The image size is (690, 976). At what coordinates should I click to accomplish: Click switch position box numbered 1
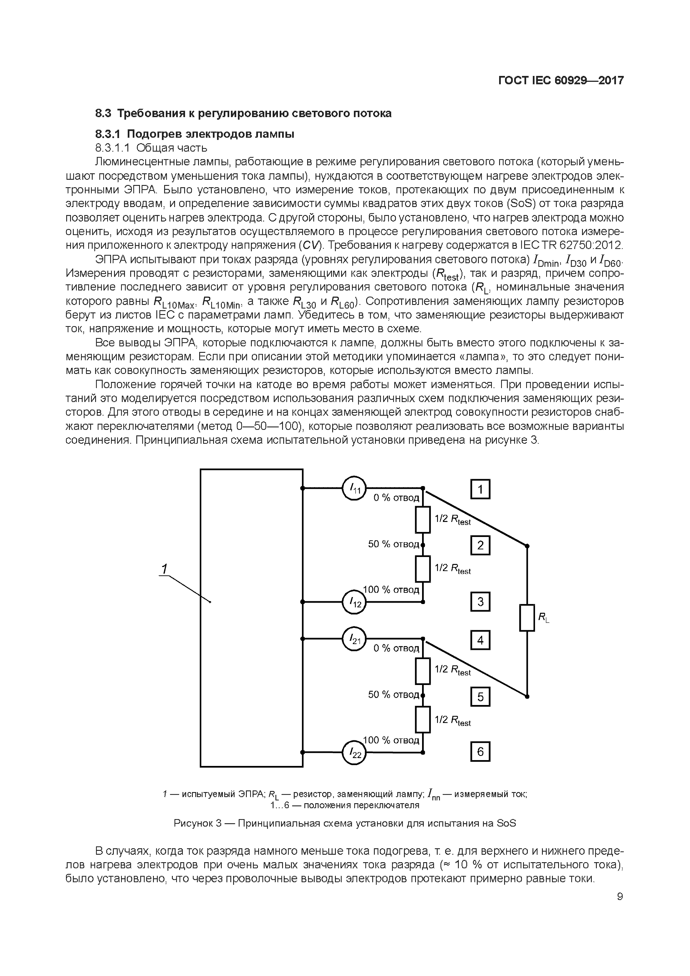[480, 489]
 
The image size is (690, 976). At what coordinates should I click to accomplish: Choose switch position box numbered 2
[480, 545]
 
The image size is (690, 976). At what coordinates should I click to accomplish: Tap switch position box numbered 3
[480, 602]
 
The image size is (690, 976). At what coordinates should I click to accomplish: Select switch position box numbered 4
[480, 640]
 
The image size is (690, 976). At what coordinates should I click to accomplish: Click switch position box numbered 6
[480, 751]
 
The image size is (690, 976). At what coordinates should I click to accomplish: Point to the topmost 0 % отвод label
[396, 498]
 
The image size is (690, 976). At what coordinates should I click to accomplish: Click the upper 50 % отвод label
[393, 544]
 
